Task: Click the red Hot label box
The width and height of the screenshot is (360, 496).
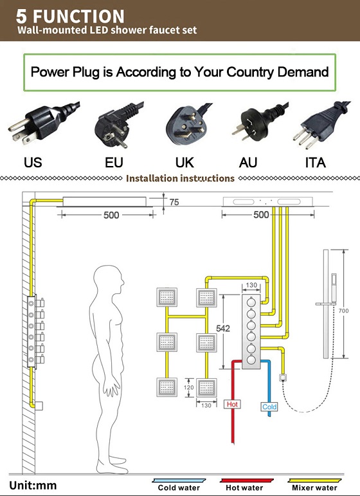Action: (x=232, y=404)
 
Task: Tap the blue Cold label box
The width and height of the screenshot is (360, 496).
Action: (x=269, y=407)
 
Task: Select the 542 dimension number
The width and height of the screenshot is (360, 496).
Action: (x=223, y=328)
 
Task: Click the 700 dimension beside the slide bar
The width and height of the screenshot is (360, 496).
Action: (x=343, y=311)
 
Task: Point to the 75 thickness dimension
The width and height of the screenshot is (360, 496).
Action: (x=174, y=202)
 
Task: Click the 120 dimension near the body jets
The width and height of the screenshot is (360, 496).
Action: (x=189, y=387)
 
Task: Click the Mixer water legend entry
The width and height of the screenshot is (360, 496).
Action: (x=314, y=485)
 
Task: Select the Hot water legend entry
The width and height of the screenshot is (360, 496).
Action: (x=245, y=485)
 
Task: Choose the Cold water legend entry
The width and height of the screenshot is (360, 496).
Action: (x=179, y=485)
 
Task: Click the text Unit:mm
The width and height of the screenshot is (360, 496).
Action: (x=33, y=485)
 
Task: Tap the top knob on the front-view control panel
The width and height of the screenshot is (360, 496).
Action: (x=251, y=302)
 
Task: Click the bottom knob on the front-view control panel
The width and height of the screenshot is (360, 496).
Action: (x=251, y=360)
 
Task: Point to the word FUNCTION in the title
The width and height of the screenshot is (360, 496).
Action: (x=78, y=16)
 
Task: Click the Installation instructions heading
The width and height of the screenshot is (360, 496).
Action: (x=180, y=178)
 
